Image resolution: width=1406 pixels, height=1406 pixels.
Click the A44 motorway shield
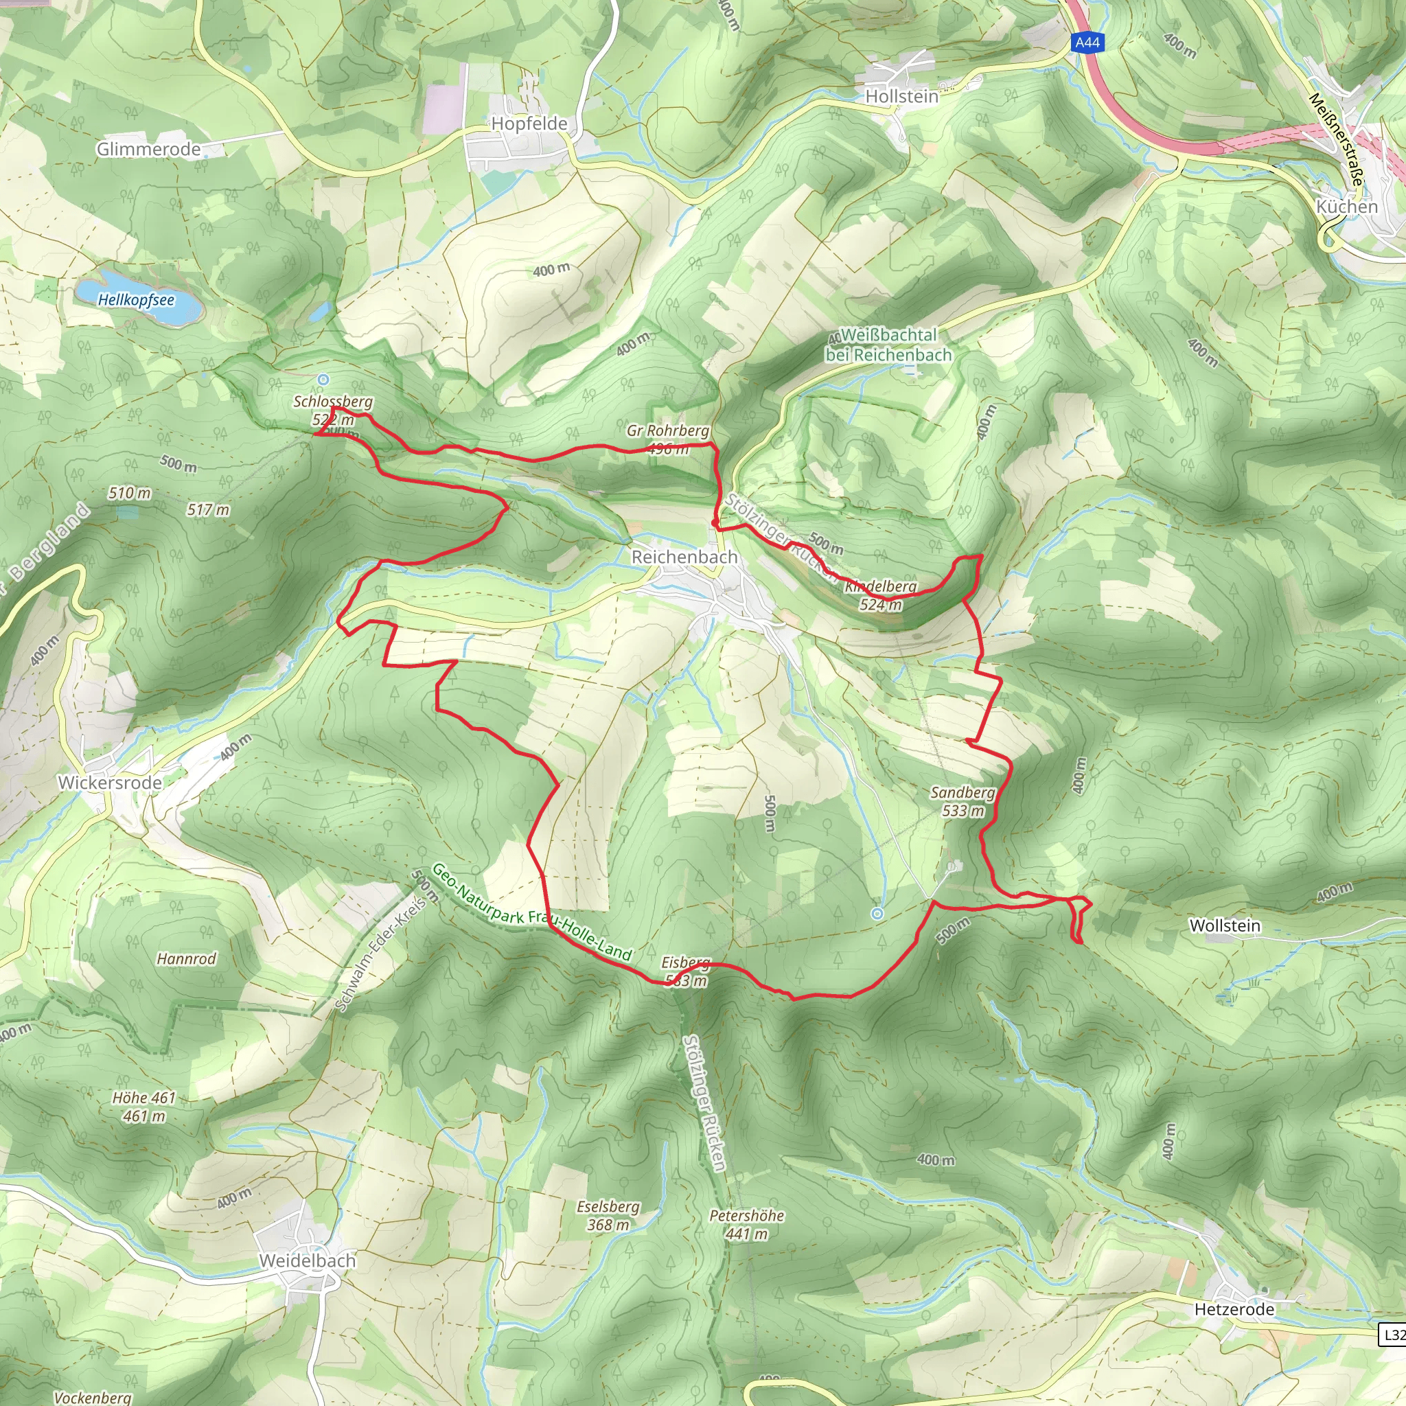click(1087, 42)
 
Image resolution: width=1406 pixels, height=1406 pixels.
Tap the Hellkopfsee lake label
click(136, 299)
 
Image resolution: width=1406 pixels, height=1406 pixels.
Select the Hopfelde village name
click(529, 124)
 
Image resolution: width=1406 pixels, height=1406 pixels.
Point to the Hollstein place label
click(901, 96)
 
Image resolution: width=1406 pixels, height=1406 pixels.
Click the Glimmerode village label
click(148, 149)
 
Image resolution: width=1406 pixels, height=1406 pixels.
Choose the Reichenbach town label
click(684, 557)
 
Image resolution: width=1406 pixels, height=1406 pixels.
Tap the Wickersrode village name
click(110, 783)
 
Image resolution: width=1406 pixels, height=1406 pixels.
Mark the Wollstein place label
click(1225, 925)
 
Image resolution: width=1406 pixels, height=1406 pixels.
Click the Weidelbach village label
click(307, 1260)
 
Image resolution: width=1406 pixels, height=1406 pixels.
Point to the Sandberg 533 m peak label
click(962, 801)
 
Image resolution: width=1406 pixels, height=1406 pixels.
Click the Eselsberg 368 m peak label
click(608, 1215)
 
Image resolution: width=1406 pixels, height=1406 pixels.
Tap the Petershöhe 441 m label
click(747, 1224)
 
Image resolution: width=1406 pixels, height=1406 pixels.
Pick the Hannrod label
click(186, 958)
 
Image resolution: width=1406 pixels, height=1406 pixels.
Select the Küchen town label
click(1347, 207)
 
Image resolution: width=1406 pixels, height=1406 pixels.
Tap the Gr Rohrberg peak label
click(667, 431)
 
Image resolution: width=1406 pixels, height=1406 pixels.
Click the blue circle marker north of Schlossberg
click(323, 379)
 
